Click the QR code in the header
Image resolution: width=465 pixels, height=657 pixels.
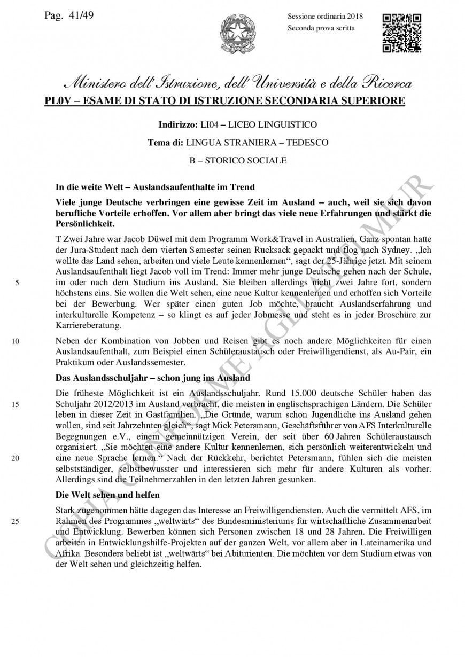(402, 33)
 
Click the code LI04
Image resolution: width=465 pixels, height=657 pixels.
(210, 125)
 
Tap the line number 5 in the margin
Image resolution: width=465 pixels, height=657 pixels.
(17, 283)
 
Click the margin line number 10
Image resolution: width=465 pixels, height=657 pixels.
(16, 340)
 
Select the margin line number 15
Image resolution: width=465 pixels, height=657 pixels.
(16, 404)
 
